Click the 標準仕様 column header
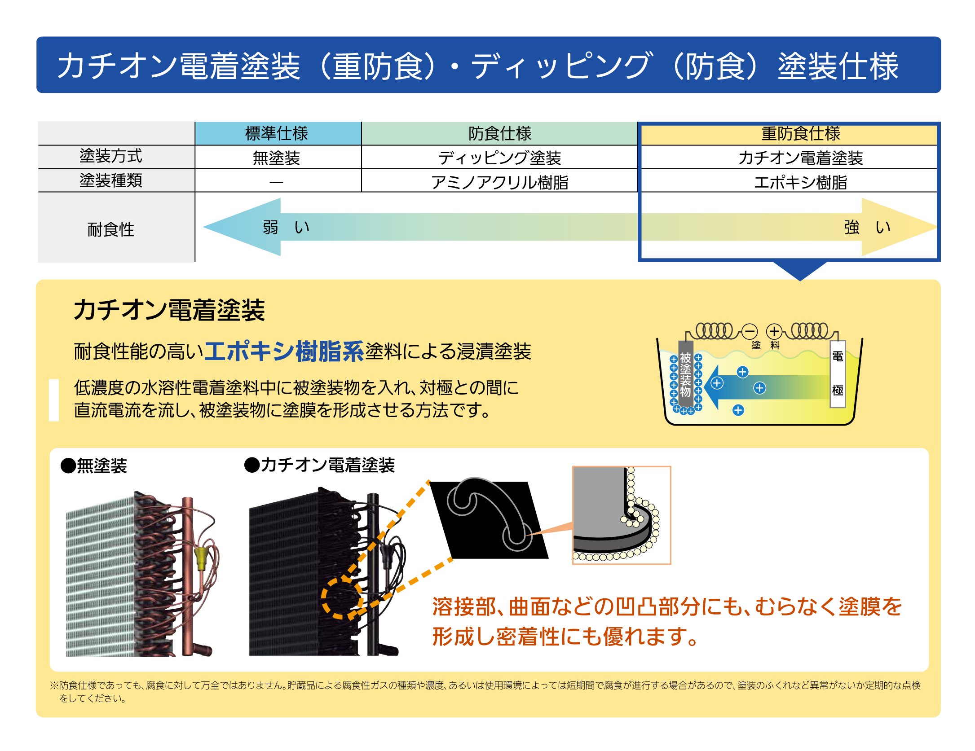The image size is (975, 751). click(x=277, y=133)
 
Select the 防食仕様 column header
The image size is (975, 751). click(x=499, y=133)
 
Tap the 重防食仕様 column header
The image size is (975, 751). click(x=801, y=133)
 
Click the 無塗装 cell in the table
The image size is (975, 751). click(x=277, y=158)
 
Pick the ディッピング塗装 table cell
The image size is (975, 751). click(x=499, y=158)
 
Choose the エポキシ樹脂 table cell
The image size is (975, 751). click(x=801, y=182)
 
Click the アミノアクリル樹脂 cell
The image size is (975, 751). click(x=499, y=182)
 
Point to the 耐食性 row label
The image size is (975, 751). click(x=111, y=229)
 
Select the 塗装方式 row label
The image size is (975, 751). click(x=111, y=156)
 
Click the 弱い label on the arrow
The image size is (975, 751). click(x=286, y=227)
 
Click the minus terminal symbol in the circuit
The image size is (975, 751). click(x=749, y=331)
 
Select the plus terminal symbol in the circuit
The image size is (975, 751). click(x=774, y=331)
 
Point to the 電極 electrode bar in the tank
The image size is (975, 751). click(x=838, y=374)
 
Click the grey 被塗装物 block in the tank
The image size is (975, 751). click(x=685, y=375)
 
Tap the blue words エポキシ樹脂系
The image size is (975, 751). click(x=284, y=351)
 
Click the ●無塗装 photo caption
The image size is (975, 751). click(x=94, y=466)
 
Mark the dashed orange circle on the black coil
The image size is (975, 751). click(x=342, y=598)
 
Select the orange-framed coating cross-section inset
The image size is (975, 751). click(x=622, y=515)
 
